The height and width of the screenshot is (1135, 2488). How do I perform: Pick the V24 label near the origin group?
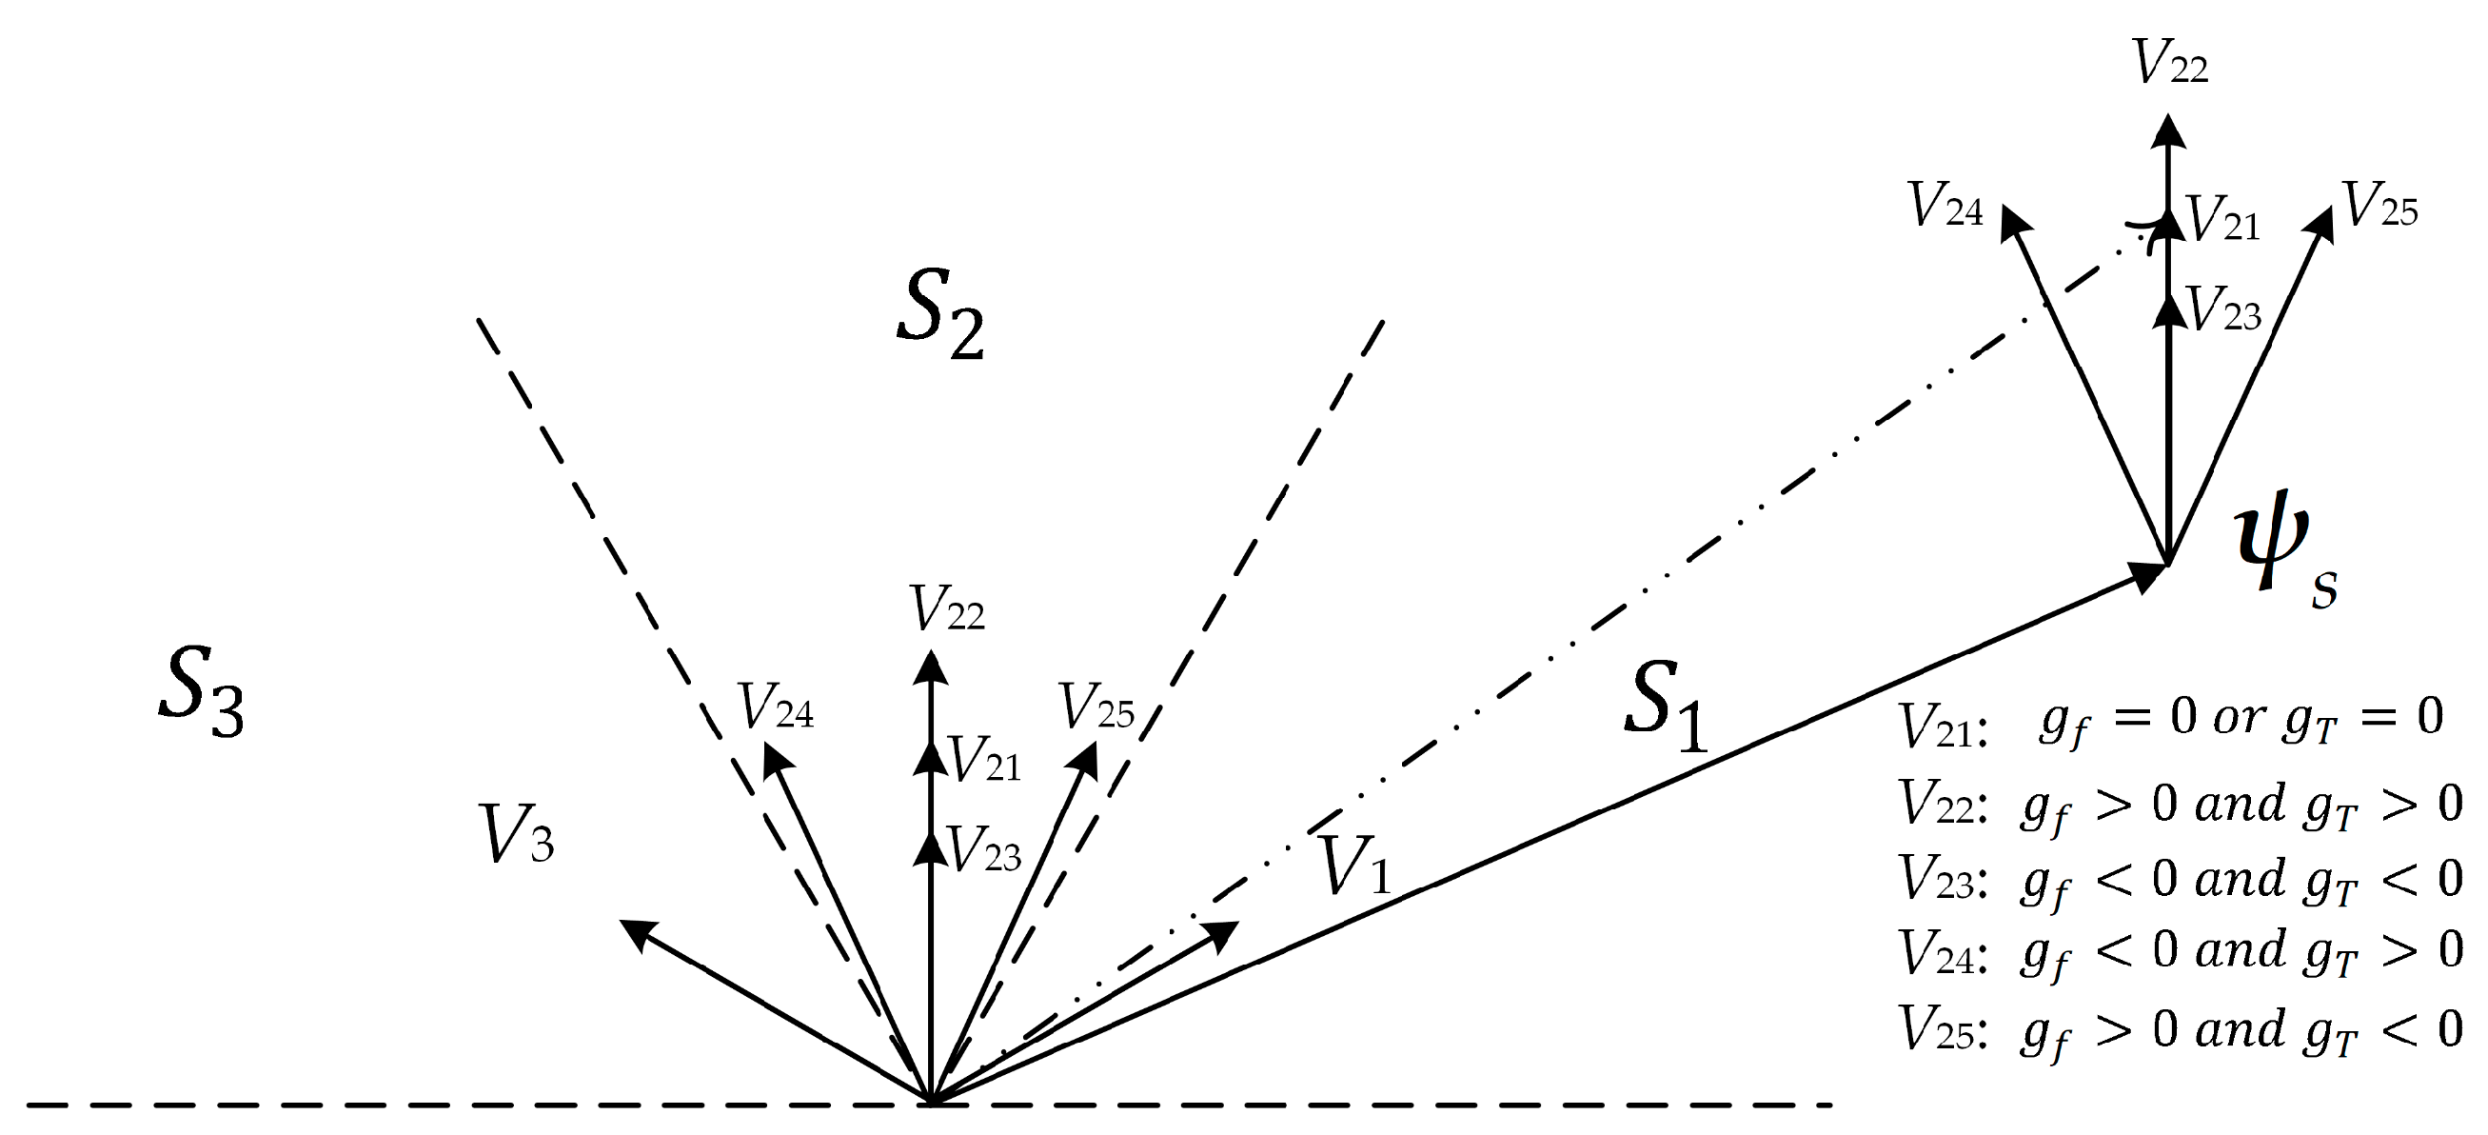tap(776, 707)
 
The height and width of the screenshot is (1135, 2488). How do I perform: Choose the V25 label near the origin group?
tap(1096, 708)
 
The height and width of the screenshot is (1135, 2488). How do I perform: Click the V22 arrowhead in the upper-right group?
tap(2169, 131)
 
